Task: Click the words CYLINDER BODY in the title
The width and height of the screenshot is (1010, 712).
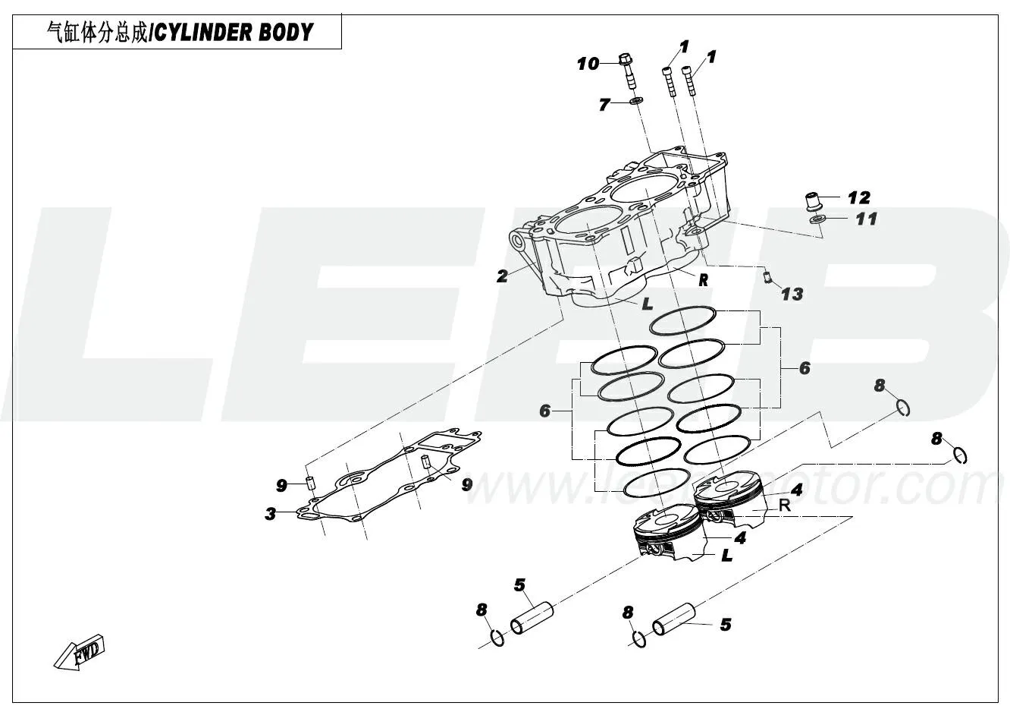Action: coord(233,32)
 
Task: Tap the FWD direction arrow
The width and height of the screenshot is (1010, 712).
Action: coord(80,651)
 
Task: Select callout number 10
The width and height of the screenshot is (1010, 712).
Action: coord(588,64)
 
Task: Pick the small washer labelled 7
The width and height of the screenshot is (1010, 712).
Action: coord(636,101)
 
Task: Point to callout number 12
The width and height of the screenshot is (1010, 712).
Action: coord(858,198)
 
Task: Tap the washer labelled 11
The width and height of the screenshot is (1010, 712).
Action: coord(816,220)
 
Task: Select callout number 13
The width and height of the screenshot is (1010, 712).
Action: coord(792,294)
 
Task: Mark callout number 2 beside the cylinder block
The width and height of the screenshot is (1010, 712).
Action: coord(502,276)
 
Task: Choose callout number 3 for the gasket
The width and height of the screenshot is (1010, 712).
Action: coord(270,514)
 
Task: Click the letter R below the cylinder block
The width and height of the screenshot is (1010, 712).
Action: coord(703,280)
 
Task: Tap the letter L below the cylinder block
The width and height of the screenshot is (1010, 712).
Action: coord(647,304)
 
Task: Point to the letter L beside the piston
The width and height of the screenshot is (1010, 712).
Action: coord(726,556)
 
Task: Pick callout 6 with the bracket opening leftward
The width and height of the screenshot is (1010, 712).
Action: coord(805,368)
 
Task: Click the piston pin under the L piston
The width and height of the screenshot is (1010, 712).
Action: coord(531,617)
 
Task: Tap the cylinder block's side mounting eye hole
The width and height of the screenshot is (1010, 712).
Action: coord(519,241)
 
